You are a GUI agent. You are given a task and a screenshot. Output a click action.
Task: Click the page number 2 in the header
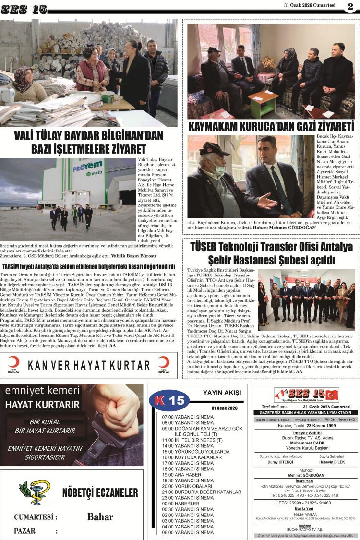point(350,7)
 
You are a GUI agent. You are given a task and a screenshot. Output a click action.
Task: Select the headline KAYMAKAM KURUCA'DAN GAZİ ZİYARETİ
point(271,127)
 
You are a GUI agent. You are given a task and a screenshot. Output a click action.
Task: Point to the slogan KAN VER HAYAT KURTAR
point(89,365)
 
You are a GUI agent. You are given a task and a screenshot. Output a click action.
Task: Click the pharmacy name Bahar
point(100,516)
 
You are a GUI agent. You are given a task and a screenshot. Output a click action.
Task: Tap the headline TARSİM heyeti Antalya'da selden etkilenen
point(89,266)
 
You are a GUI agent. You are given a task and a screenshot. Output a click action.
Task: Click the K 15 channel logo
point(168,399)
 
